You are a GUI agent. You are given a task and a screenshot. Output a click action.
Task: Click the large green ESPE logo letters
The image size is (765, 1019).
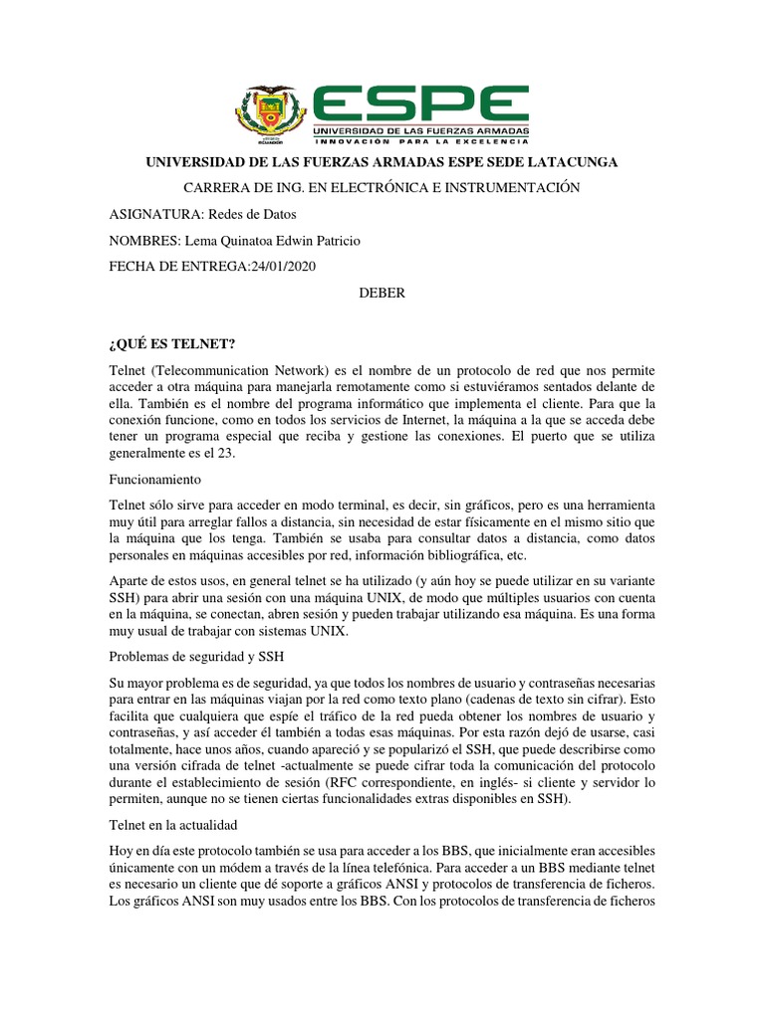point(420,102)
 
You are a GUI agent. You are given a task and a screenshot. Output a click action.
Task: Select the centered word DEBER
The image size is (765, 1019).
point(382,295)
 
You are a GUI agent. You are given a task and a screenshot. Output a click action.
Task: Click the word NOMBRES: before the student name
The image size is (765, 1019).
point(144,241)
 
